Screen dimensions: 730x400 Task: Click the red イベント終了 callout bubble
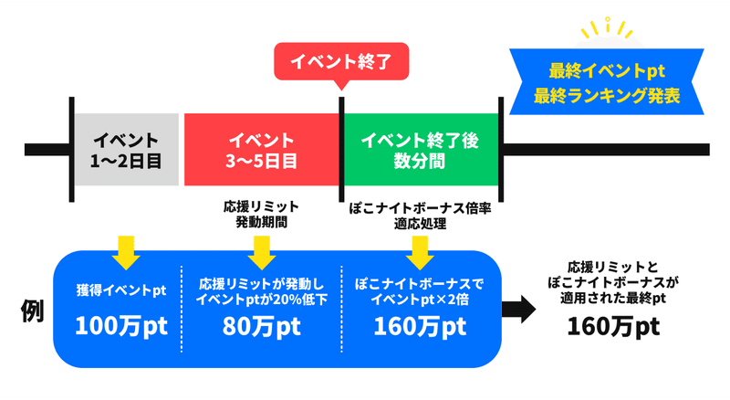tap(341, 62)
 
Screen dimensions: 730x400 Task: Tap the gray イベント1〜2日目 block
tap(126, 150)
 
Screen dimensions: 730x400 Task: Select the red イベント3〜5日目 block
tap(262, 150)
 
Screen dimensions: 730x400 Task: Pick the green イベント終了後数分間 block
tap(421, 150)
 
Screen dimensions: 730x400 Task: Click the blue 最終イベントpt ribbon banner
tap(607, 82)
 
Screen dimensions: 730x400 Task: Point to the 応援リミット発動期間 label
tap(261, 215)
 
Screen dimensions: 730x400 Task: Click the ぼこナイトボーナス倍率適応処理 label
tap(420, 216)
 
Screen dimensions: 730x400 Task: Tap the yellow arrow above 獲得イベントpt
tap(126, 253)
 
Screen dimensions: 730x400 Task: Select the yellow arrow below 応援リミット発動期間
tap(262, 253)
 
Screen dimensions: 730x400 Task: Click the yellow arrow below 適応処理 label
tap(420, 253)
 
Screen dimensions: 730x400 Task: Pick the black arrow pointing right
tap(518, 309)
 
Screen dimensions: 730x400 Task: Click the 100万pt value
tap(121, 326)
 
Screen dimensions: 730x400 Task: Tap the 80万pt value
tap(261, 326)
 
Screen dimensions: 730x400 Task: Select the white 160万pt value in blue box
tap(420, 326)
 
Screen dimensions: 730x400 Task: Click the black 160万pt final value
tap(613, 326)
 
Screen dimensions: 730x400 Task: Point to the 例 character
tap(32, 311)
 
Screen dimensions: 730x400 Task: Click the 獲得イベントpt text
tap(121, 290)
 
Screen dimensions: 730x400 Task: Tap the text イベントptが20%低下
tap(262, 300)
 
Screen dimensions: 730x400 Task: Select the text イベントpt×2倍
tap(420, 300)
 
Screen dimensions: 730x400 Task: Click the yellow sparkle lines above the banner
tap(607, 28)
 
